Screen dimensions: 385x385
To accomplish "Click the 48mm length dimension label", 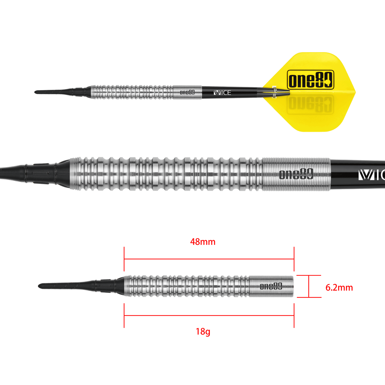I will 202,242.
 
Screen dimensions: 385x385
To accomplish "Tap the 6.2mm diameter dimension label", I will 339,287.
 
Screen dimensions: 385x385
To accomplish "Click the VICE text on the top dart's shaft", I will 222,93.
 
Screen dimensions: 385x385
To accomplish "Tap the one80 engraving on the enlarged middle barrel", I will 296,175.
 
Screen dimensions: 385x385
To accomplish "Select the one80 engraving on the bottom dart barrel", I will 271,286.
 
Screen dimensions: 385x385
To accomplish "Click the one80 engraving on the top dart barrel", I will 187,92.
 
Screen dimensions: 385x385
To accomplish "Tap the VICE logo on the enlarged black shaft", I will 372,175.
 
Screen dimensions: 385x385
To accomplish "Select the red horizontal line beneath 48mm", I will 209,258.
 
